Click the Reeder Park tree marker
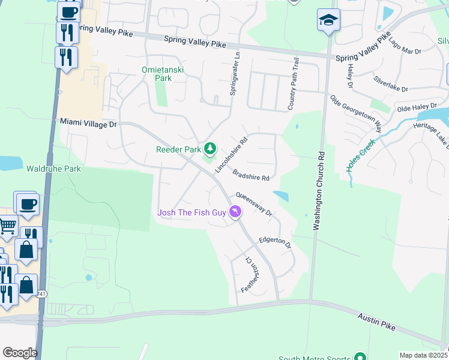pyautogui.click(x=210, y=148)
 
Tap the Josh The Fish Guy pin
pyautogui.click(x=235, y=212)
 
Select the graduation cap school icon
pyautogui.click(x=328, y=20)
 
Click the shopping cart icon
pyautogui.click(x=7, y=226)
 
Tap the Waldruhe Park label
pyautogui.click(x=53, y=169)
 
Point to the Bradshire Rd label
pyautogui.click(x=251, y=175)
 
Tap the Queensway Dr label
pyautogui.click(x=254, y=204)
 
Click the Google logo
pyautogui.click(x=20, y=353)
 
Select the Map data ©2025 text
pyautogui.click(x=423, y=355)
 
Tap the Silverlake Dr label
pyautogui.click(x=390, y=84)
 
